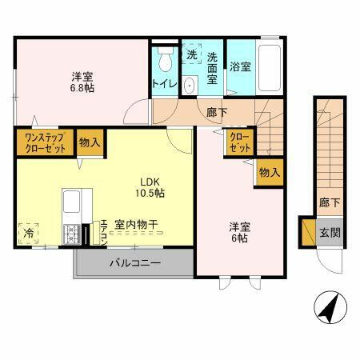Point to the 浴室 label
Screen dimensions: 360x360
click(240, 67)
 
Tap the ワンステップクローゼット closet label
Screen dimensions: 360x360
click(44, 144)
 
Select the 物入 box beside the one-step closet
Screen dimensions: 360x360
click(90, 143)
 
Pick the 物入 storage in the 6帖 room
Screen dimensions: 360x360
click(269, 172)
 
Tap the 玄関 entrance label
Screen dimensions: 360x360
click(330, 233)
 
